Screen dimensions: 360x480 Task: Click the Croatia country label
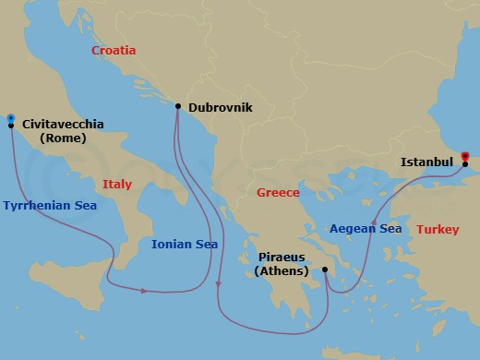point(114,51)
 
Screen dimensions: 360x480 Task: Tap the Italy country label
point(117,185)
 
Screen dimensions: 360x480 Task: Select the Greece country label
point(278,193)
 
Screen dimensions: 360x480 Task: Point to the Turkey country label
point(438,229)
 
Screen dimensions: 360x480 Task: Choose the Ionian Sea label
point(185,245)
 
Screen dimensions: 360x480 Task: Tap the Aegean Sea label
point(366,228)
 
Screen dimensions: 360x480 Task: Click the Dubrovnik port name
point(220,107)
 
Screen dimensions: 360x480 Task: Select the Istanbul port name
point(426,162)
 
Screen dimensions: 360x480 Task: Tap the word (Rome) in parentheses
point(63,138)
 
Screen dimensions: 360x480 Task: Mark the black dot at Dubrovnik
point(177,106)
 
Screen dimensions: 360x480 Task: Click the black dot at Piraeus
point(324,270)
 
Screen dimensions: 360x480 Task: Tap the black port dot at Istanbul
point(466,164)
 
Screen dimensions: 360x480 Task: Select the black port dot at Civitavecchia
point(10,126)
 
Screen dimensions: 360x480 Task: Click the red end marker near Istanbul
point(465,156)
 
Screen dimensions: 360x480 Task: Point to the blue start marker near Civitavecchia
point(10,117)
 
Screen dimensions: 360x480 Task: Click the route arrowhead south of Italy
point(145,292)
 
